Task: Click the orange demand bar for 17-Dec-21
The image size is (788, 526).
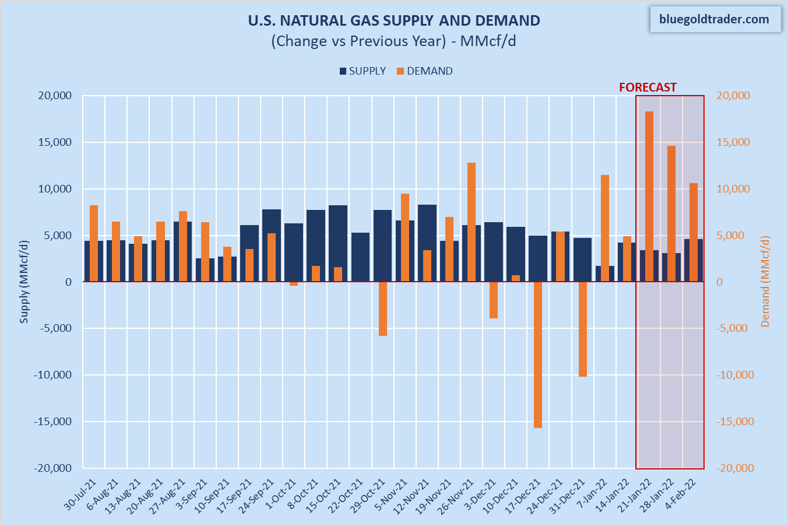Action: pos(537,355)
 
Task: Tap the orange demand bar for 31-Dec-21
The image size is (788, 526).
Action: pos(582,329)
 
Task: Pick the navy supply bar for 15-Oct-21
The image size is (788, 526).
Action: pos(338,243)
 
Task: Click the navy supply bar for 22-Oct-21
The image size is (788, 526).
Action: pos(360,257)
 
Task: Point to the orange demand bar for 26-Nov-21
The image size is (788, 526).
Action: pos(471,222)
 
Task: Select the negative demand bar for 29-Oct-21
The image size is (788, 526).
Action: pos(382,308)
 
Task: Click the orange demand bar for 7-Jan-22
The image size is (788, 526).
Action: pos(604,228)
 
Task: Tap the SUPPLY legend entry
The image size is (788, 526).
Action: pos(363,71)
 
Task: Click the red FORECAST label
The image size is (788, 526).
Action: pos(648,87)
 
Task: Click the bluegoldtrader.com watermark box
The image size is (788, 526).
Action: pos(714,19)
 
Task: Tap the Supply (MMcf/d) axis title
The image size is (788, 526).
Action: pos(24,281)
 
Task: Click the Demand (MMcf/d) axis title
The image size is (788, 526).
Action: pos(765,281)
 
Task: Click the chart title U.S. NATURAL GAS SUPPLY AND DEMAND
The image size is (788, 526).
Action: pos(394,20)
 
